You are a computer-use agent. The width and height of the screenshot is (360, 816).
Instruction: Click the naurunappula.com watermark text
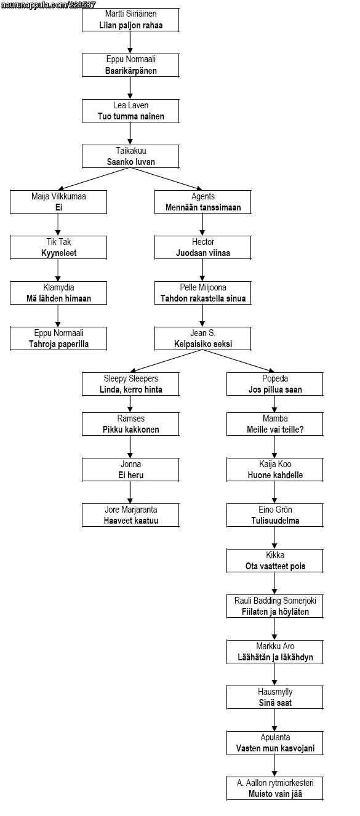(48, 4)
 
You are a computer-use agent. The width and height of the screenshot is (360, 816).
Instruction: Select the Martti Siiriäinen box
(130, 20)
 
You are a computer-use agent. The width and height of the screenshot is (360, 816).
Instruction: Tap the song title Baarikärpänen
(131, 71)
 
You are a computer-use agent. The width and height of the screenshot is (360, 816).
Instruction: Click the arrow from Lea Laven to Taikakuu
(130, 134)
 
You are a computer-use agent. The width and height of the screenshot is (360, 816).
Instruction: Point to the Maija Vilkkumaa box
(58, 202)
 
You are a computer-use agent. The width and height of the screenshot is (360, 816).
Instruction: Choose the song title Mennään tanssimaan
(203, 207)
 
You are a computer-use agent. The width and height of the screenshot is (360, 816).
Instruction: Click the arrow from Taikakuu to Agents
(166, 179)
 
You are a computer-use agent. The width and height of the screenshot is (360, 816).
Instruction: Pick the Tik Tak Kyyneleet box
(58, 247)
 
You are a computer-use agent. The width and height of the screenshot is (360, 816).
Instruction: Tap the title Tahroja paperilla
(58, 344)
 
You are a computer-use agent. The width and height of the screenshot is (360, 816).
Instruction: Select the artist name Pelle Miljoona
(203, 287)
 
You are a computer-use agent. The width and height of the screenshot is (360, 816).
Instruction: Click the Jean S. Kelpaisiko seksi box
(203, 338)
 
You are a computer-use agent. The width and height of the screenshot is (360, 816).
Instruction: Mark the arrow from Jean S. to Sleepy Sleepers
(166, 361)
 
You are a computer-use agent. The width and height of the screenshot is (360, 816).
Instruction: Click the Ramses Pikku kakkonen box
(130, 424)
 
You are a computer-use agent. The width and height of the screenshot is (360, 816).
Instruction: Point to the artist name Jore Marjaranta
(131, 510)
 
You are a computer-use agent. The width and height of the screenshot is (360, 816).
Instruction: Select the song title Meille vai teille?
(275, 430)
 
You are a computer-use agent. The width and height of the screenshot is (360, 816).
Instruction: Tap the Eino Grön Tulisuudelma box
(274, 515)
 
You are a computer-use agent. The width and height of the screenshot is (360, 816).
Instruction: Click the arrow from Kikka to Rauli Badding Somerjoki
(274, 583)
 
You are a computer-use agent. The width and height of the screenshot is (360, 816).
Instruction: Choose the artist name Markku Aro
(275, 646)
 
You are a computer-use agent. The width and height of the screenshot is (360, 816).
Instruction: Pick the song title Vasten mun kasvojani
(275, 748)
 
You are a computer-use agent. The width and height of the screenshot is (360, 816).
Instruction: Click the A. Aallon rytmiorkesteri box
(274, 788)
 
